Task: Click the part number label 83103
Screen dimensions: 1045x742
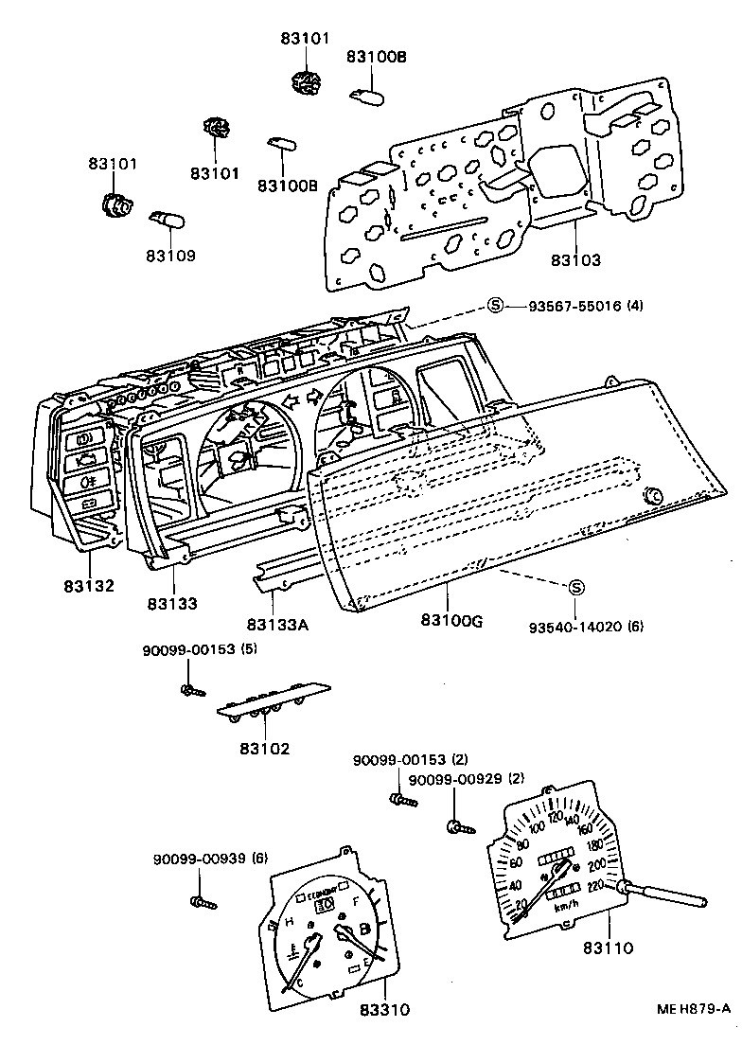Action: coord(575,259)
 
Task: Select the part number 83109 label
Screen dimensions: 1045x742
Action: coord(171,255)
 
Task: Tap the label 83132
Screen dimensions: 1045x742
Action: coord(90,586)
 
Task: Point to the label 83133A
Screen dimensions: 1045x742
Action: coord(278,624)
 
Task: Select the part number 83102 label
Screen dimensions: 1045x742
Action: coord(264,748)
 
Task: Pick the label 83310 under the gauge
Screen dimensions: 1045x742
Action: coord(384,1010)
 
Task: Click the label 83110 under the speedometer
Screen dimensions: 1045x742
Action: coord(608,947)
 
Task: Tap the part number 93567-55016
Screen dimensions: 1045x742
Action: coord(571,306)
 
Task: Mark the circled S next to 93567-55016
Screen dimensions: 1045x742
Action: coord(496,306)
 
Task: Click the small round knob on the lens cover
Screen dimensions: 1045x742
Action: coord(651,496)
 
